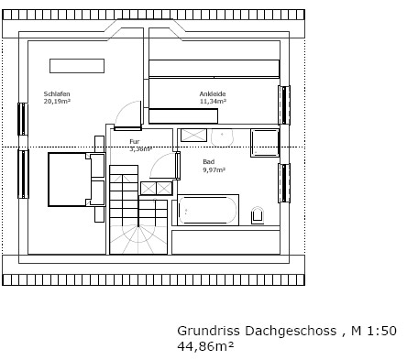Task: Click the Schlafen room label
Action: click(57, 93)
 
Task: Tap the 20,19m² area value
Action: click(57, 101)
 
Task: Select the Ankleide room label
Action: click(213, 93)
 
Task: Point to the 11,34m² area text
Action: click(213, 101)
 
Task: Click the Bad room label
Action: click(209, 162)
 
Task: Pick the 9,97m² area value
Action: click(214, 169)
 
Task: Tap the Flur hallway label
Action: click(135, 142)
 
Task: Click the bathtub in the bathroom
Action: click(208, 210)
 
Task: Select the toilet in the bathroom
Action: click(258, 215)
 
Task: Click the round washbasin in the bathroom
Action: click(222, 136)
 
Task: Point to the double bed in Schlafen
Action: click(70, 180)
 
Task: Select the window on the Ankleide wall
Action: click(284, 105)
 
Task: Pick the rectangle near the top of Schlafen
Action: click(77, 66)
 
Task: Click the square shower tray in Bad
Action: click(265, 143)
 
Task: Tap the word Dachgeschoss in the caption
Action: click(291, 331)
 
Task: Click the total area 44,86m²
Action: click(205, 346)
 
